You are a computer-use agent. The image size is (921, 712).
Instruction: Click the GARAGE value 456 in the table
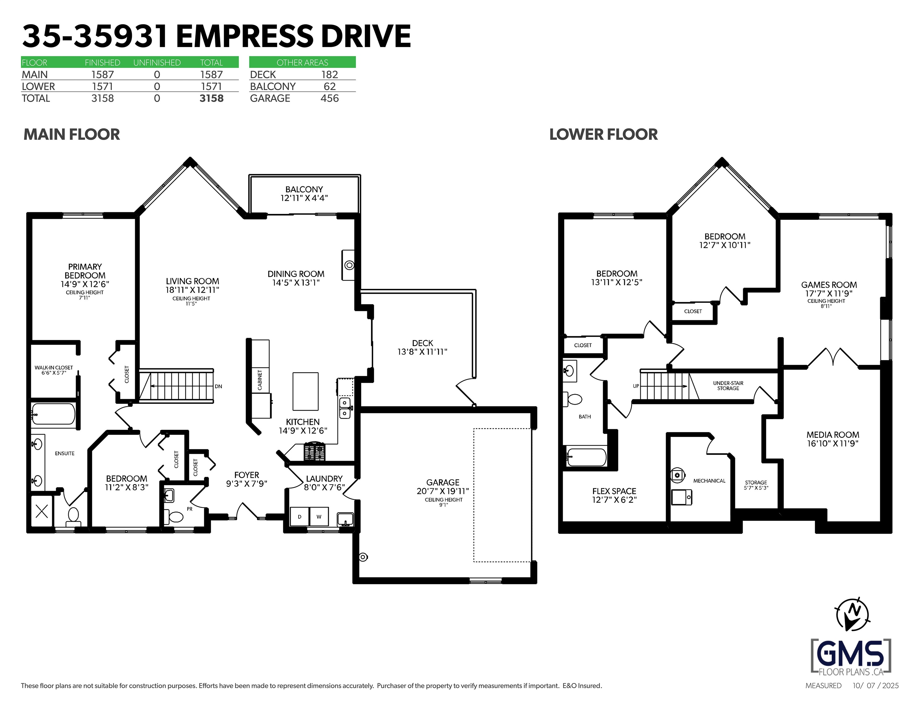point(329,98)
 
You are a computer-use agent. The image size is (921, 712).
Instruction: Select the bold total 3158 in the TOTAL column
point(211,98)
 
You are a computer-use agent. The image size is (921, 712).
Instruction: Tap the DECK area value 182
point(329,75)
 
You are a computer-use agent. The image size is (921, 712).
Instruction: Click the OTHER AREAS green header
point(302,62)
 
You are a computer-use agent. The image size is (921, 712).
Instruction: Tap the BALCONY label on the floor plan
point(304,189)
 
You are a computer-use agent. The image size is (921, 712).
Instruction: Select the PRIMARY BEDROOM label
point(85,271)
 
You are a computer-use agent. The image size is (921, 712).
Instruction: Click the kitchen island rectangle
point(306,391)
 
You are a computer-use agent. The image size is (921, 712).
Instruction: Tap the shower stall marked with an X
point(42,511)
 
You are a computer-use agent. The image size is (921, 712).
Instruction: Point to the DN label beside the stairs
point(218,386)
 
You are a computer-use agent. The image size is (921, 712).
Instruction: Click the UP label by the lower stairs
point(636,386)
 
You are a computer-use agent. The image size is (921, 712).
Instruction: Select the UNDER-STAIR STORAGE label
point(728,386)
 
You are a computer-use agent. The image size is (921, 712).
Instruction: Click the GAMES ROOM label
point(829,285)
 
